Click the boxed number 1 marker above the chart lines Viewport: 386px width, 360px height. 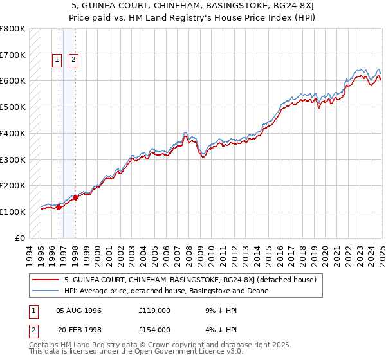click(x=57, y=60)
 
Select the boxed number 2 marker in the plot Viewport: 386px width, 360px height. click(x=74, y=60)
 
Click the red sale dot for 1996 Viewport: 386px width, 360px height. click(x=59, y=207)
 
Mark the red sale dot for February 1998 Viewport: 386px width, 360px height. click(x=75, y=198)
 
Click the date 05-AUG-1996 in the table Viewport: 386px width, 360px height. click(x=79, y=310)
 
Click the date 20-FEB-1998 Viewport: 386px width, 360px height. click(x=79, y=330)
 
